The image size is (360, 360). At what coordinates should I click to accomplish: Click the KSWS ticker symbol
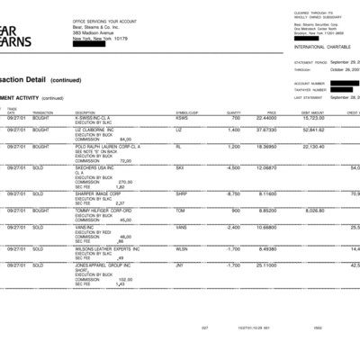pos(182,118)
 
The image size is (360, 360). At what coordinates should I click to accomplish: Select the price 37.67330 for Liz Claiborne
pos(265,130)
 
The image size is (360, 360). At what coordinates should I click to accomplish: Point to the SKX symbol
pos(180,167)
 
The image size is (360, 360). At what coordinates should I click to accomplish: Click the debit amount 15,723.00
pos(313,118)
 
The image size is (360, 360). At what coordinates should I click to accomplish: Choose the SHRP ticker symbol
pos(182,193)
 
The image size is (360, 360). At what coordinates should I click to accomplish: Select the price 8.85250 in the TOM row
pos(265,210)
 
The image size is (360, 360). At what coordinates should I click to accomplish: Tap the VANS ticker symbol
pos(182,227)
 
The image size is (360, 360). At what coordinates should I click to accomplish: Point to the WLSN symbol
pos(182,247)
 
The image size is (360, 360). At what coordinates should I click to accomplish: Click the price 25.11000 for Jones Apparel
pos(265,265)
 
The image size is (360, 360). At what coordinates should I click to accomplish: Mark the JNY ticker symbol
pos(180,265)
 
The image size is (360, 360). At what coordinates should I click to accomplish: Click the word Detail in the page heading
pos(28,79)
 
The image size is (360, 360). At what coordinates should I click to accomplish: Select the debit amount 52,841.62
pos(313,130)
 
